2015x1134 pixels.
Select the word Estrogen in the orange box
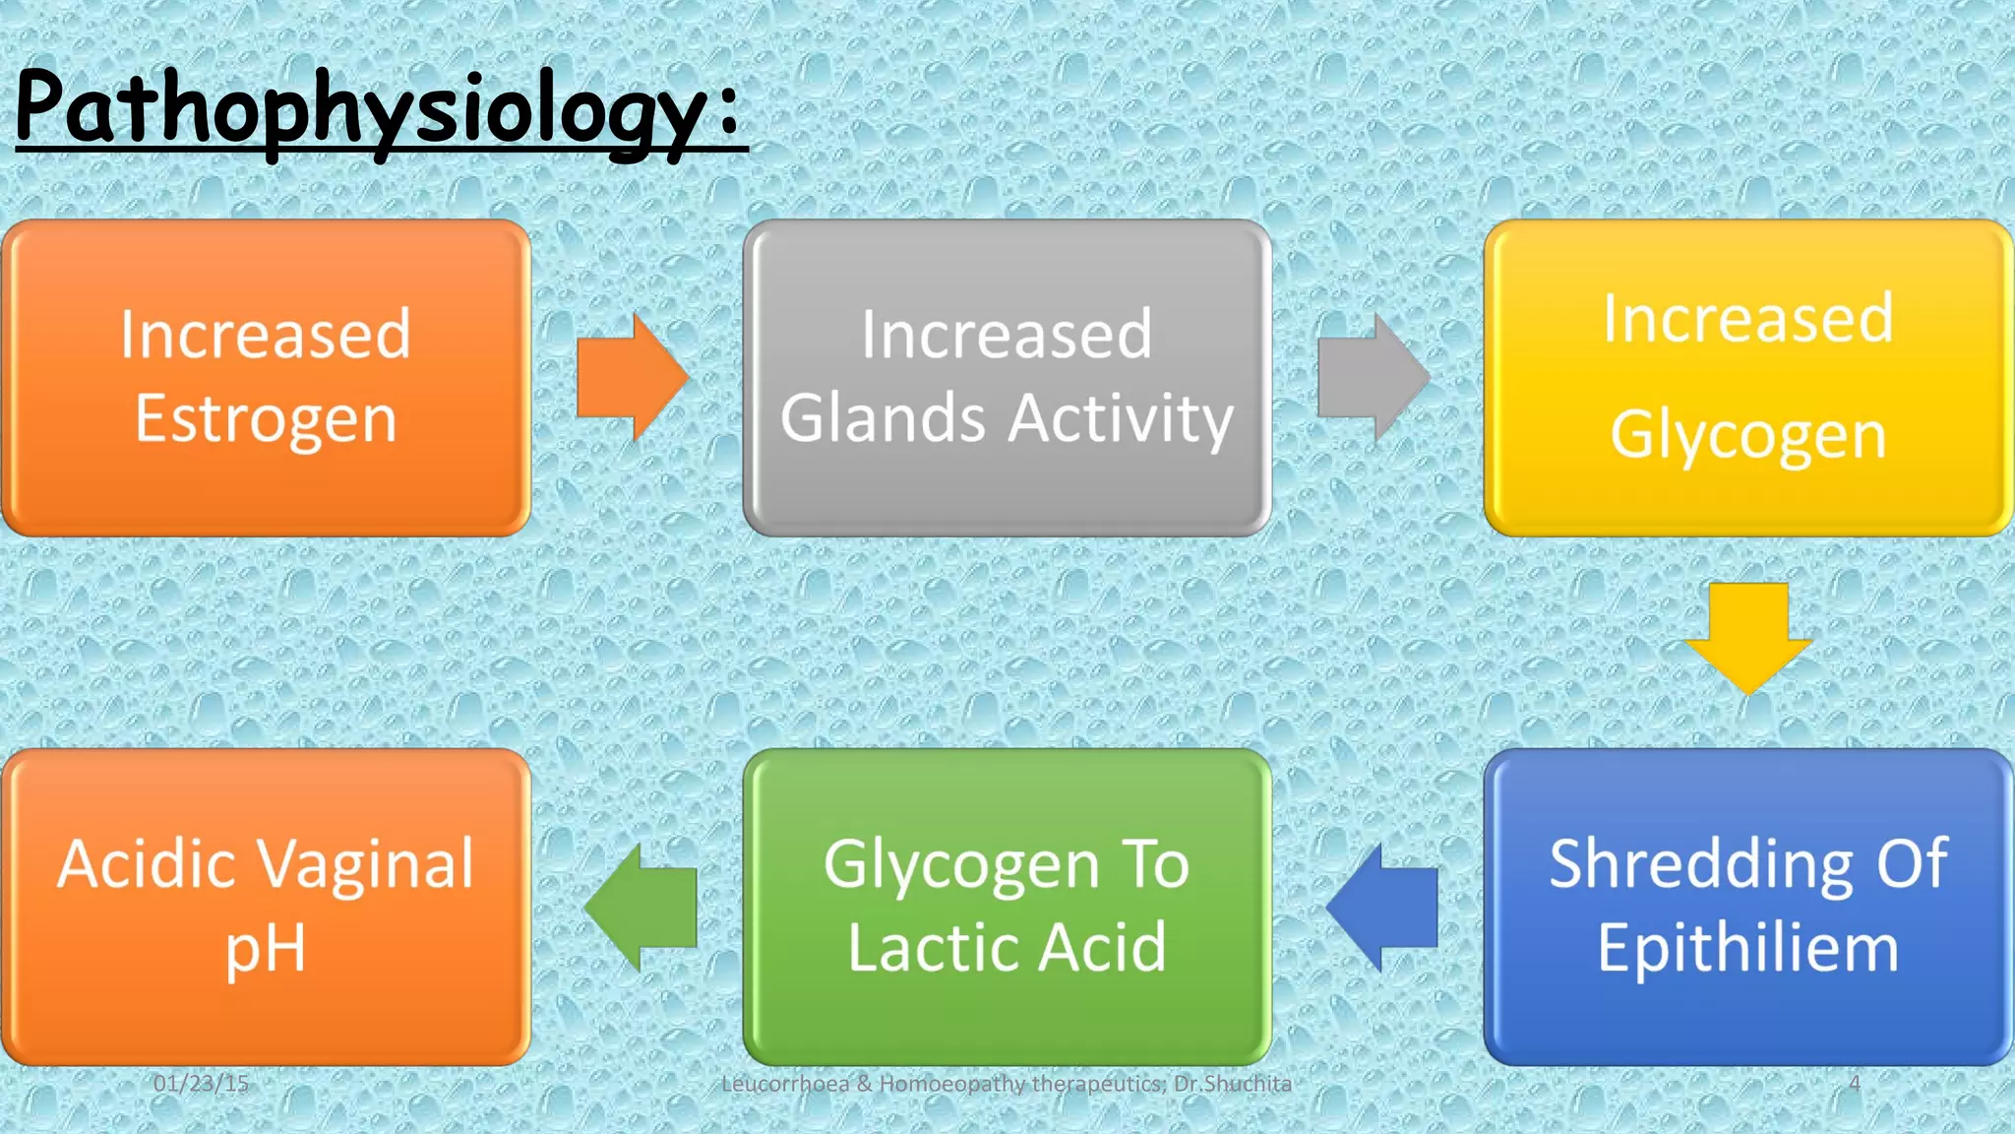pos(266,420)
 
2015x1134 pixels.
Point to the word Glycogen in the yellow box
pos(1748,436)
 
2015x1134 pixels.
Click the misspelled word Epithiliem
pos(1747,949)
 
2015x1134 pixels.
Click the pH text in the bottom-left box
pos(265,949)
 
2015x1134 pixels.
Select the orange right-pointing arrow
pos(631,377)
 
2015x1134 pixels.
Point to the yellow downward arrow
pos(1748,636)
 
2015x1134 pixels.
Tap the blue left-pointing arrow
pos(1383,907)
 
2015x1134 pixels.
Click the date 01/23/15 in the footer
pos(201,1084)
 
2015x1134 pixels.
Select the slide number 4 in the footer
pos(1854,1084)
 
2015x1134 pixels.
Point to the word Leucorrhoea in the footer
pos(784,1084)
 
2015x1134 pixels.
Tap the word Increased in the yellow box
pos(1748,319)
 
